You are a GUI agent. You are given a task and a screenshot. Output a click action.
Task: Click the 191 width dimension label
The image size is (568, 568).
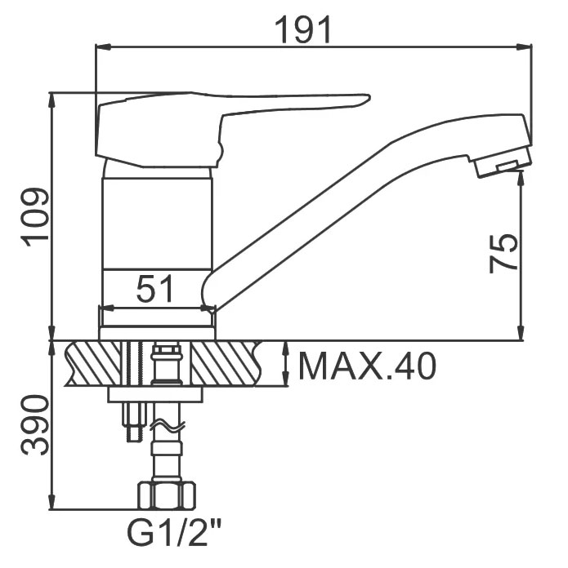click(x=303, y=29)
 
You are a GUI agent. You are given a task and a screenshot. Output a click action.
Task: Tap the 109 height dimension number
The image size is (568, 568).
click(x=35, y=216)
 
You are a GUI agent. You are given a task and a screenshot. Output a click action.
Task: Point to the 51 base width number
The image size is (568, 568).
click(x=155, y=288)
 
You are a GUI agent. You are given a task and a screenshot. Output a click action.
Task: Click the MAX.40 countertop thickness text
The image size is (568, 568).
click(x=367, y=366)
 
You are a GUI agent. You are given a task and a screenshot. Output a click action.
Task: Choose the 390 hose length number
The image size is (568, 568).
click(x=35, y=425)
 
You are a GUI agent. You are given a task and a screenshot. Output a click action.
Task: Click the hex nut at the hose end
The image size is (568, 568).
click(x=166, y=495)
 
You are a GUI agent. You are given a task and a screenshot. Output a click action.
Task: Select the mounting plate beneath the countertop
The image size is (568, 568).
click(x=155, y=394)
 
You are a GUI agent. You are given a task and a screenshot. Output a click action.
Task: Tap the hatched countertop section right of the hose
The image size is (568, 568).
click(x=226, y=363)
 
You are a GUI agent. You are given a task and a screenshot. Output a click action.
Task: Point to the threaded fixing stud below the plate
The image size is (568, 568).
click(x=133, y=422)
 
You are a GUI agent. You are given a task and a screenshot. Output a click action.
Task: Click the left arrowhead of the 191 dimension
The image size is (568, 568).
click(x=103, y=47)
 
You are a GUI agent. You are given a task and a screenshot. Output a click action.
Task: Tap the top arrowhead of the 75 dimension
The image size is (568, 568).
click(x=521, y=178)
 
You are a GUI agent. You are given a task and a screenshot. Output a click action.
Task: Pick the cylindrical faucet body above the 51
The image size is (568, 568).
click(x=157, y=224)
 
